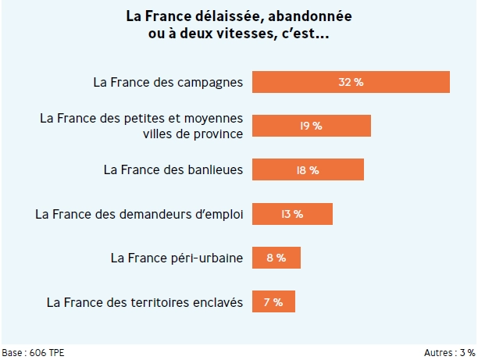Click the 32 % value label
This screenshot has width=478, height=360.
(351, 82)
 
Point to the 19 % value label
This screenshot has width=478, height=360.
(311, 126)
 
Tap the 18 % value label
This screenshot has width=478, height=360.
(308, 169)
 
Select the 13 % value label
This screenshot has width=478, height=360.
(292, 213)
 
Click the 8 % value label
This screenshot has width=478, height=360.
(276, 258)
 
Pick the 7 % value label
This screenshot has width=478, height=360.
(273, 301)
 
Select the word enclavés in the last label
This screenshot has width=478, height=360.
(219, 301)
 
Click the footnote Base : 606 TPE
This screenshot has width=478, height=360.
(33, 353)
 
